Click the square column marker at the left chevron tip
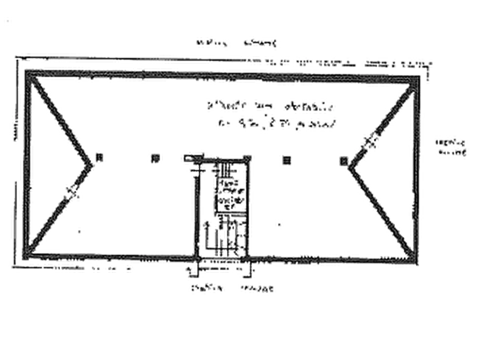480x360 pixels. tap(100, 157)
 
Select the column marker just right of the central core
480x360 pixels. tap(287, 159)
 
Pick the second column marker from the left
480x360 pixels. tap(155, 159)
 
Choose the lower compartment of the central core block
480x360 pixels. tap(225, 234)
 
